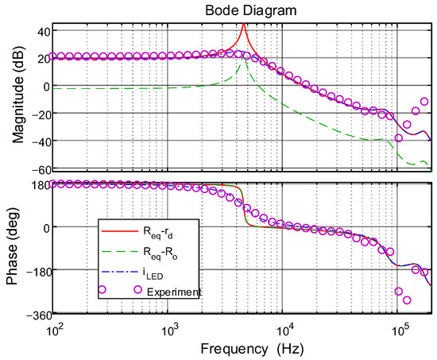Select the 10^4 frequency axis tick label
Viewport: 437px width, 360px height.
[283, 327]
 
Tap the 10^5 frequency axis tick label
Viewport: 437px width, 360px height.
[396, 327]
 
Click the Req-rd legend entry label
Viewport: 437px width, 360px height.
[159, 233]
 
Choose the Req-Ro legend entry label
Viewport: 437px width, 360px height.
[159, 254]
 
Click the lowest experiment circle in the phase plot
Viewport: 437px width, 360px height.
[408, 300]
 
